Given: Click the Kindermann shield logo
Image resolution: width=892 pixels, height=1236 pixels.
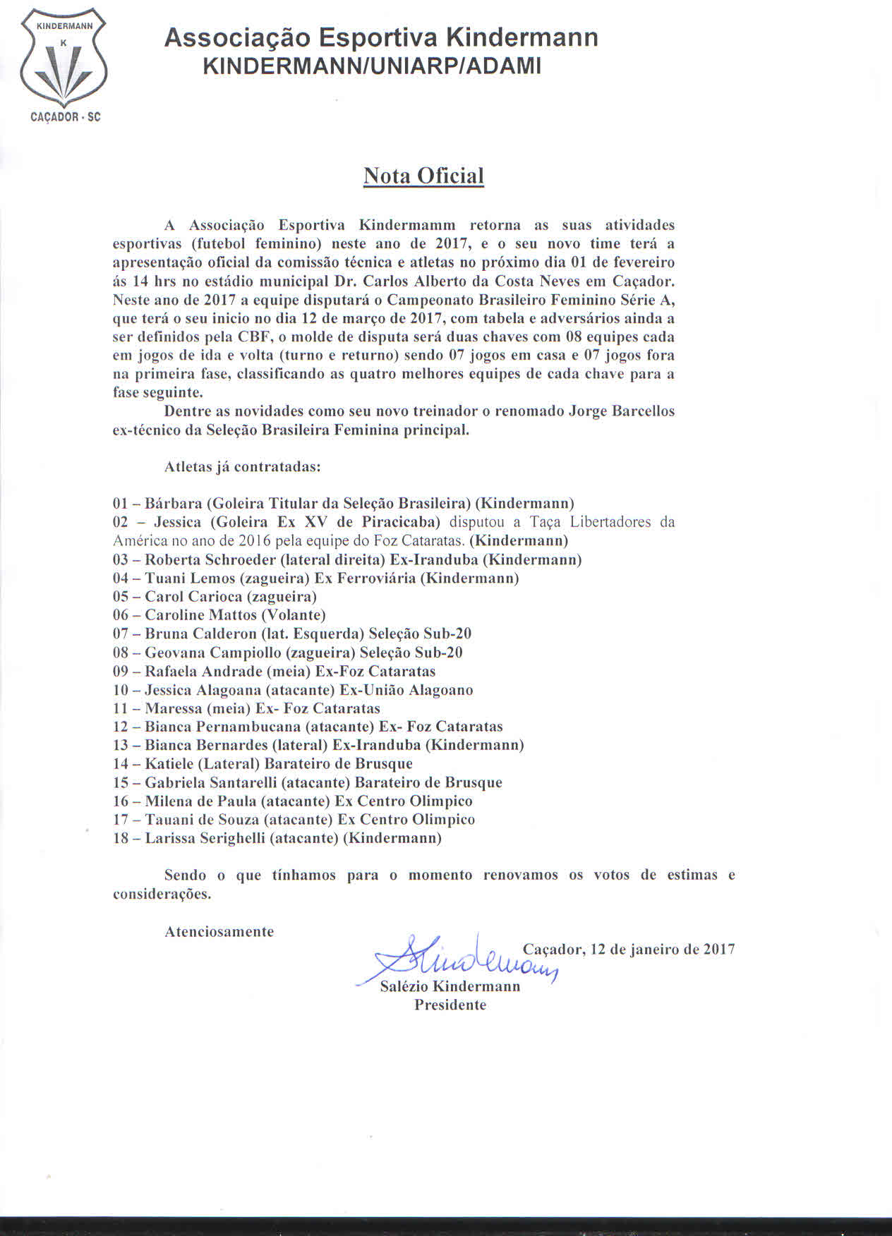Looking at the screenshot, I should tap(64, 63).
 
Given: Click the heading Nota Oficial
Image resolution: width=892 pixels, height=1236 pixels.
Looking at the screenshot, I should tap(423, 176).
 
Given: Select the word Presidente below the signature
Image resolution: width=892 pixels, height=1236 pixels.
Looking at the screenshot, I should tap(450, 1005).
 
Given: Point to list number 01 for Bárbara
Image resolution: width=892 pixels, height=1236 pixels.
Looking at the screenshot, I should tap(121, 504).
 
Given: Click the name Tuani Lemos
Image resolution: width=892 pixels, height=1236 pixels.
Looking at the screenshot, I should tap(185, 578).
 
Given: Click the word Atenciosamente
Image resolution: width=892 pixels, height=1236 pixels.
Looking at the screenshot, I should tap(219, 932).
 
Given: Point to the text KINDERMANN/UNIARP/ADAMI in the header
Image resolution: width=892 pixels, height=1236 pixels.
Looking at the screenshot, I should tap(372, 66).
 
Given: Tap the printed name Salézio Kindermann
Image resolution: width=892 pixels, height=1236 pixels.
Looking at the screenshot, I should tap(450, 986).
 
